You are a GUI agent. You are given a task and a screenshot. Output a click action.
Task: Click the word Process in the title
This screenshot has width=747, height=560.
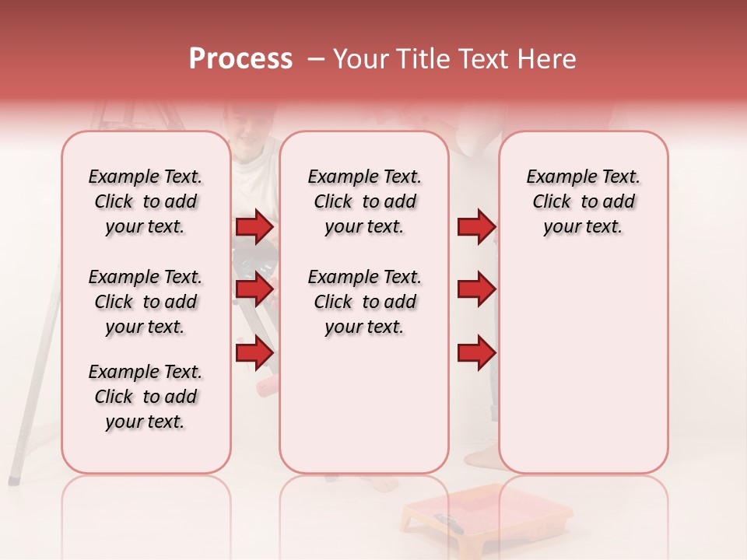[240, 59]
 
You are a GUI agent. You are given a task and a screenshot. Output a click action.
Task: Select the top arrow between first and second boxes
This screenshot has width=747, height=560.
[254, 227]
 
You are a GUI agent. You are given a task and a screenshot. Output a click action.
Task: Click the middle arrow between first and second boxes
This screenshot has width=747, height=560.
[254, 290]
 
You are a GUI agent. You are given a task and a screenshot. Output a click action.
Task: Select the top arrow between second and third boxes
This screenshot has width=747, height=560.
[476, 227]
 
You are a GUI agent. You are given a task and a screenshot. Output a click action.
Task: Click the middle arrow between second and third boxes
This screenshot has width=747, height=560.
[476, 290]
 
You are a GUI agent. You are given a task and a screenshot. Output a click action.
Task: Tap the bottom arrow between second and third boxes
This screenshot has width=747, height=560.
[476, 354]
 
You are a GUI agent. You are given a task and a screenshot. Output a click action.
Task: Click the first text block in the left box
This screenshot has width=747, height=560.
[146, 201]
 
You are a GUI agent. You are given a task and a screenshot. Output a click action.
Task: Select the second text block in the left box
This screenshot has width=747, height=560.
[146, 302]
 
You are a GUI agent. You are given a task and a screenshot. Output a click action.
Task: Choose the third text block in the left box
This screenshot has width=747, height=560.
[146, 397]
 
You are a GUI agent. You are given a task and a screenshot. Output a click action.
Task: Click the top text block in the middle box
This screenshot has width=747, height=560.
[364, 201]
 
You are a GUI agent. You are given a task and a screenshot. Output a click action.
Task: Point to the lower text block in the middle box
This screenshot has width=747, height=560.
[364, 302]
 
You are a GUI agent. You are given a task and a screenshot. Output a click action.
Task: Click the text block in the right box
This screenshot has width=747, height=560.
[583, 201]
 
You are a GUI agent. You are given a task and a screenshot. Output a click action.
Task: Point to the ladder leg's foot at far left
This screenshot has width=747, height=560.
[14, 479]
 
